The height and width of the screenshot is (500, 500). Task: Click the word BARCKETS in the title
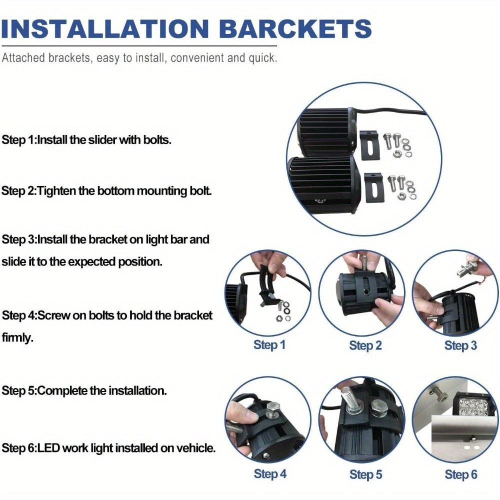coord(295,28)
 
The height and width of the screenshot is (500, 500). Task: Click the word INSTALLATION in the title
coord(105,28)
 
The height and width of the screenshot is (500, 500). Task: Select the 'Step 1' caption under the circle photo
coord(269,344)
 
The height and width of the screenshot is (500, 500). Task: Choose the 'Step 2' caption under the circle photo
coord(365,345)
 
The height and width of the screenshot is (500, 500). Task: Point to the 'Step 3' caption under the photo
coord(460,345)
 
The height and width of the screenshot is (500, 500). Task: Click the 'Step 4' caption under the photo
coord(270,473)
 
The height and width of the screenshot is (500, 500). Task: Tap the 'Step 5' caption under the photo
coord(365,474)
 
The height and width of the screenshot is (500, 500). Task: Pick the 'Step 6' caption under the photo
coord(461,474)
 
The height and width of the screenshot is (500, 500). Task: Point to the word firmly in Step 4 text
coord(17,337)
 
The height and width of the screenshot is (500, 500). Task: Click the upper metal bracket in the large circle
coord(369,145)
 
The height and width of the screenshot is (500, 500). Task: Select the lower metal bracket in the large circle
coord(373,187)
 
